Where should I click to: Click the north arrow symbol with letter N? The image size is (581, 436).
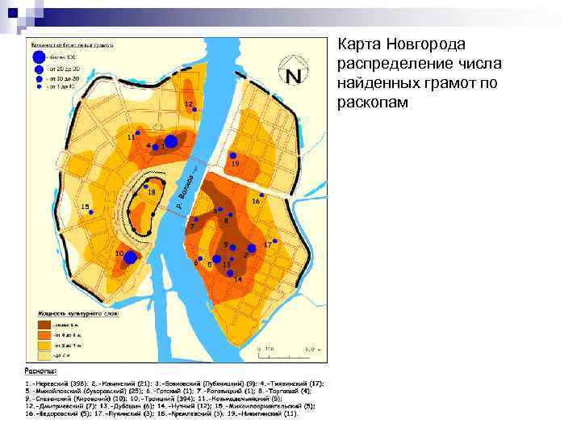click(x=293, y=75)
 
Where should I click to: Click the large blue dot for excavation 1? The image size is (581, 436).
click(x=171, y=141)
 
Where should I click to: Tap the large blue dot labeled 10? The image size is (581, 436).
click(x=130, y=257)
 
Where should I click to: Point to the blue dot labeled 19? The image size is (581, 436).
click(x=232, y=155)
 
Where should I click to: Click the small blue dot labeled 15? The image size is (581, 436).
click(x=91, y=212)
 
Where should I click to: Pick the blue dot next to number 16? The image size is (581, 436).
click(x=262, y=193)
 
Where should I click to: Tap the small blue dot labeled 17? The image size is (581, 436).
click(x=275, y=241)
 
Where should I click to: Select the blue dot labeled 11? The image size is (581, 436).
click(x=138, y=132)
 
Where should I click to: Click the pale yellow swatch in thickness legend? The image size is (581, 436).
click(x=40, y=354)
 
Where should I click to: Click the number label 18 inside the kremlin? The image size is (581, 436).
click(x=151, y=192)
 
